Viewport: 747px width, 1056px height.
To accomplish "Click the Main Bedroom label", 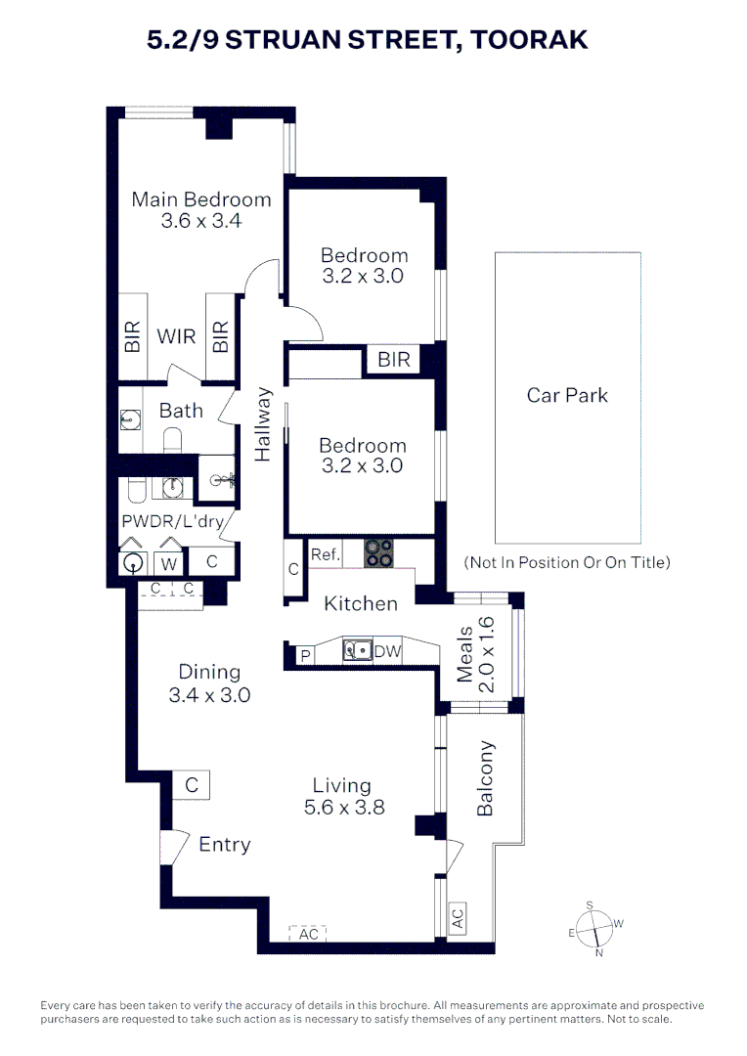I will [201, 199].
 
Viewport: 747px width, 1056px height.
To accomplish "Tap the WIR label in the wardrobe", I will [176, 337].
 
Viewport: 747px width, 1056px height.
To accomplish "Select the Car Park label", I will [567, 395].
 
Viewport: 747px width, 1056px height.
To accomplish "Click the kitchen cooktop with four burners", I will [378, 553].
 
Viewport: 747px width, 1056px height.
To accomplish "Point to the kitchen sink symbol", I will [357, 650].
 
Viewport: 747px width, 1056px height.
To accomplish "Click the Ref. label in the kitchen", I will [325, 554].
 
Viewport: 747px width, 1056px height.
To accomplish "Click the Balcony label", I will [486, 778].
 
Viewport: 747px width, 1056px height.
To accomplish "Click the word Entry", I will [225, 845].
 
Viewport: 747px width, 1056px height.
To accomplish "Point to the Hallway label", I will [263, 424].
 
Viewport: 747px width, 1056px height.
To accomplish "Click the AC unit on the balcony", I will [457, 919].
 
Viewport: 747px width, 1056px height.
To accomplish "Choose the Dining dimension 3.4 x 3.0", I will [209, 696].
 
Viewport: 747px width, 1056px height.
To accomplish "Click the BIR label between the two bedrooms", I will [393, 360].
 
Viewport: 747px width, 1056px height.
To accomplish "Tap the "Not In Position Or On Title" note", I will [567, 562].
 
